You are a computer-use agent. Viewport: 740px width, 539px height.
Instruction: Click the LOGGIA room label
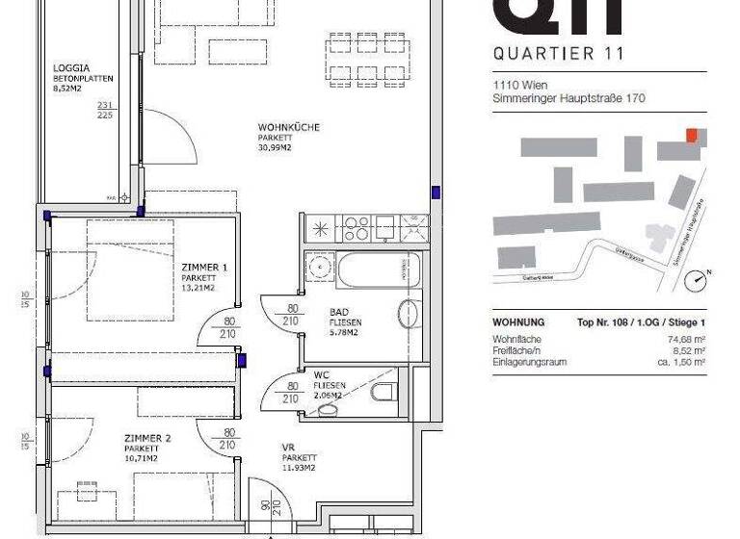[x=72, y=68]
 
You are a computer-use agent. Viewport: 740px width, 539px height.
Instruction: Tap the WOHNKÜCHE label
[x=288, y=128]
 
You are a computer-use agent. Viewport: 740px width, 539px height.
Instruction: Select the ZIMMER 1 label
[x=204, y=267]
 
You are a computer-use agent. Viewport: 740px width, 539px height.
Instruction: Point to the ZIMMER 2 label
[x=147, y=438]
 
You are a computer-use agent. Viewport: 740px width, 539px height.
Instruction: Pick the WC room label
[x=321, y=375]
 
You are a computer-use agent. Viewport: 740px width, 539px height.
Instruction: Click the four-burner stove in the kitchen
[x=356, y=227]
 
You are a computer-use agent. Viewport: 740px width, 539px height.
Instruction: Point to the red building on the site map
[x=691, y=135]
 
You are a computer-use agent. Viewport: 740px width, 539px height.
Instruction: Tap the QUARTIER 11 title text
[x=557, y=54]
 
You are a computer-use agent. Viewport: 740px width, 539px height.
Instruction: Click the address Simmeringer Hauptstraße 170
[x=568, y=98]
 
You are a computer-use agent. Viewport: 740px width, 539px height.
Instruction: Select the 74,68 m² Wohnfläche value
[x=686, y=339]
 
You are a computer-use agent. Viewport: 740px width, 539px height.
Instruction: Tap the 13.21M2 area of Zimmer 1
[x=198, y=288]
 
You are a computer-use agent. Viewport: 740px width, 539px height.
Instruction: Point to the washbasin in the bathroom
[x=409, y=316]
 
